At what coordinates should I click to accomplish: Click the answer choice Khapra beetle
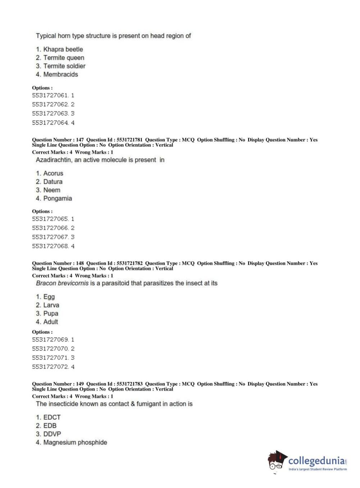click(63, 49)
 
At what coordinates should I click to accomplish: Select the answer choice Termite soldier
click(64, 66)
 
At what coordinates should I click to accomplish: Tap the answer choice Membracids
click(60, 74)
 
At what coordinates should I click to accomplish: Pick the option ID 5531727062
click(53, 104)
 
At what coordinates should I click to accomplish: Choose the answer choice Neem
click(52, 190)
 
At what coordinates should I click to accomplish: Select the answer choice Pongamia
click(58, 198)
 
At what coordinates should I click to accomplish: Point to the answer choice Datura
click(53, 182)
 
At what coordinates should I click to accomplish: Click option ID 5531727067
click(53, 237)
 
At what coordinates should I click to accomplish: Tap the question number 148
click(79, 263)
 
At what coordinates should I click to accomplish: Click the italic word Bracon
click(46, 283)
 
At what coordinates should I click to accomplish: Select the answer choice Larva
click(51, 305)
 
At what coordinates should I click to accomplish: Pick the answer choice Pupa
click(51, 313)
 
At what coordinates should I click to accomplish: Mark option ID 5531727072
click(53, 367)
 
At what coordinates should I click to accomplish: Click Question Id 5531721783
click(129, 384)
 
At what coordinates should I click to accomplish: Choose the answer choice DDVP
click(52, 434)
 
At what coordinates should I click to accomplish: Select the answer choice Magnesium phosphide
click(75, 442)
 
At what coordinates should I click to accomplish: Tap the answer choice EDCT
click(52, 417)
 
